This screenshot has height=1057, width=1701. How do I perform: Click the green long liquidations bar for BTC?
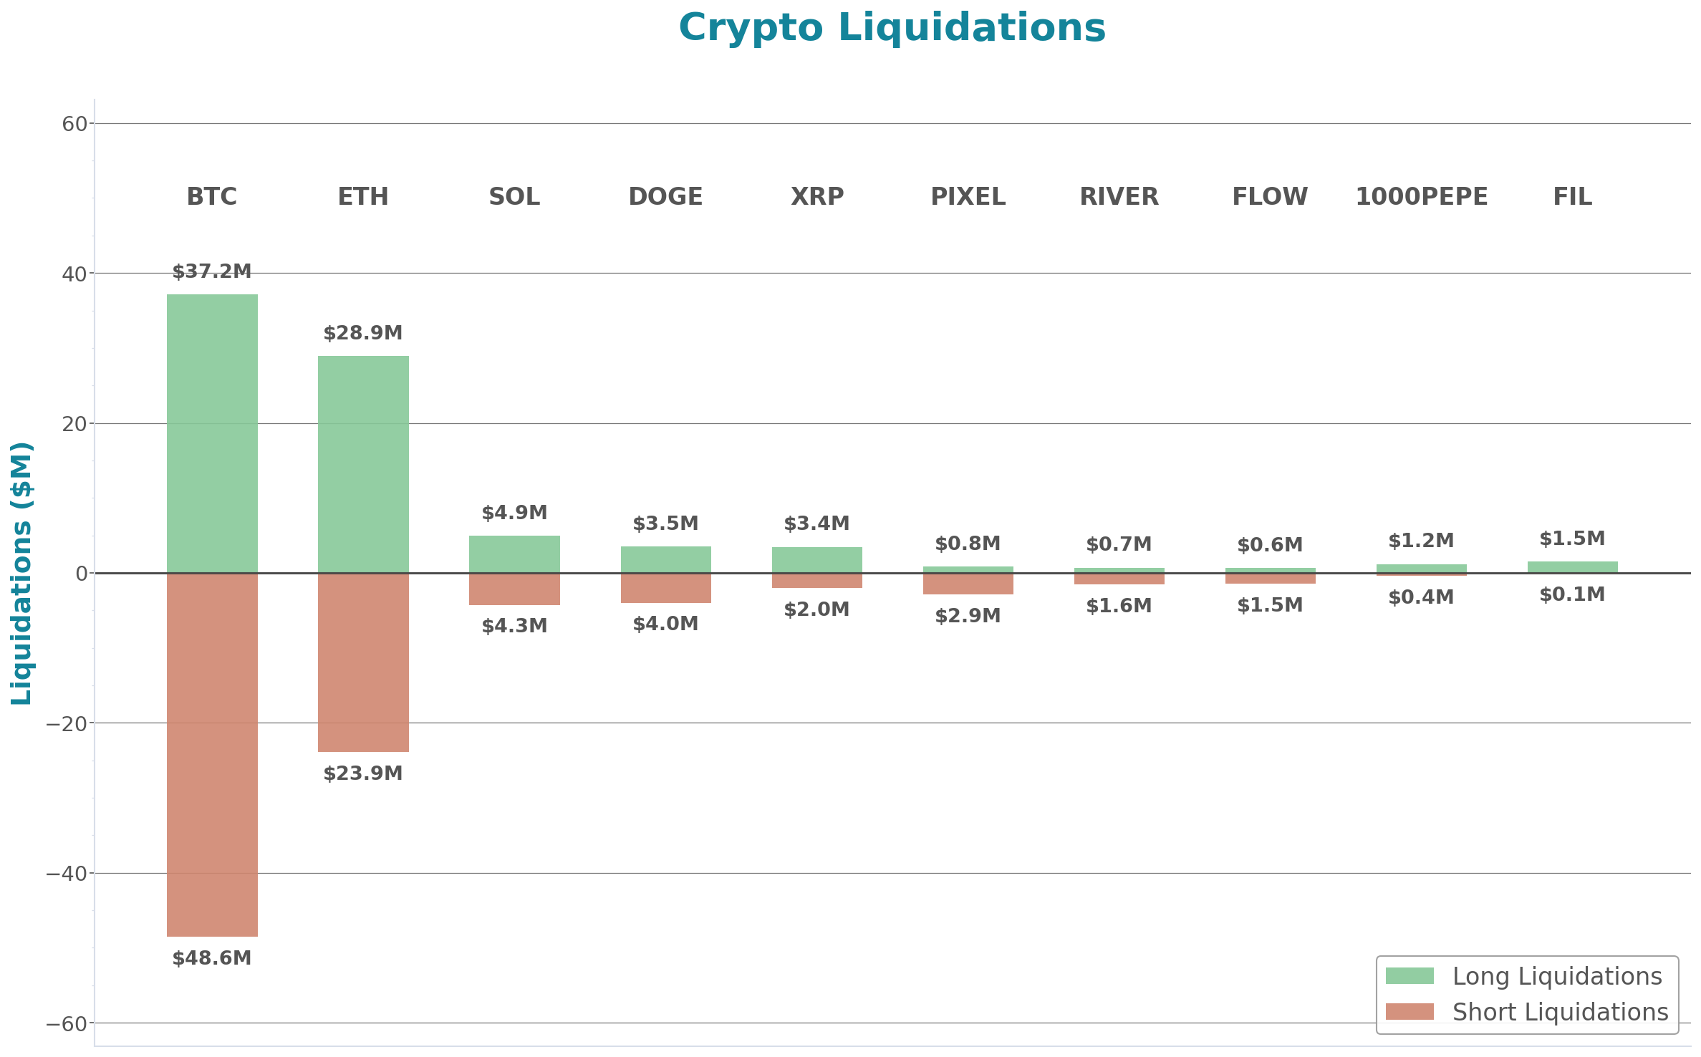click(x=212, y=433)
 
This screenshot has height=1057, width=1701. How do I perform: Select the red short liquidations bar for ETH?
click(x=363, y=662)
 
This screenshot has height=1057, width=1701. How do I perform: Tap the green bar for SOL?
click(x=514, y=554)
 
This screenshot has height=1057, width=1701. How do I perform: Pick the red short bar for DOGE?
click(x=665, y=588)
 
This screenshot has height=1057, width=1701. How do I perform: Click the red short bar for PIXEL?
click(x=968, y=584)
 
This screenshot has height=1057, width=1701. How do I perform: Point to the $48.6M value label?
click(x=212, y=958)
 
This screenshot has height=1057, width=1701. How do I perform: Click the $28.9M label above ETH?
click(x=363, y=333)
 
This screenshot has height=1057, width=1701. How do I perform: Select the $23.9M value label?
click(x=363, y=773)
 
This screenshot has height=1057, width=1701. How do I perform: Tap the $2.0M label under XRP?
click(x=816, y=609)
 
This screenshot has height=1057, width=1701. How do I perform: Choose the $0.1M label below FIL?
click(x=1572, y=594)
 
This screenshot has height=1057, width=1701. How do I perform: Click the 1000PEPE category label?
click(x=1421, y=196)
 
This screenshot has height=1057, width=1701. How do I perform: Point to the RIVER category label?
click(x=1119, y=196)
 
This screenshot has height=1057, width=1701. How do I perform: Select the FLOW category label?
click(x=1270, y=196)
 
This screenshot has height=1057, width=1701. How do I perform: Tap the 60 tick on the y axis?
click(x=74, y=124)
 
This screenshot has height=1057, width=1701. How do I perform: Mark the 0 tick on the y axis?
click(x=81, y=574)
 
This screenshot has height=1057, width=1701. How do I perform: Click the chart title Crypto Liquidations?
click(x=892, y=28)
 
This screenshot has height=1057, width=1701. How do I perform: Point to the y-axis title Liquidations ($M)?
click(x=21, y=573)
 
